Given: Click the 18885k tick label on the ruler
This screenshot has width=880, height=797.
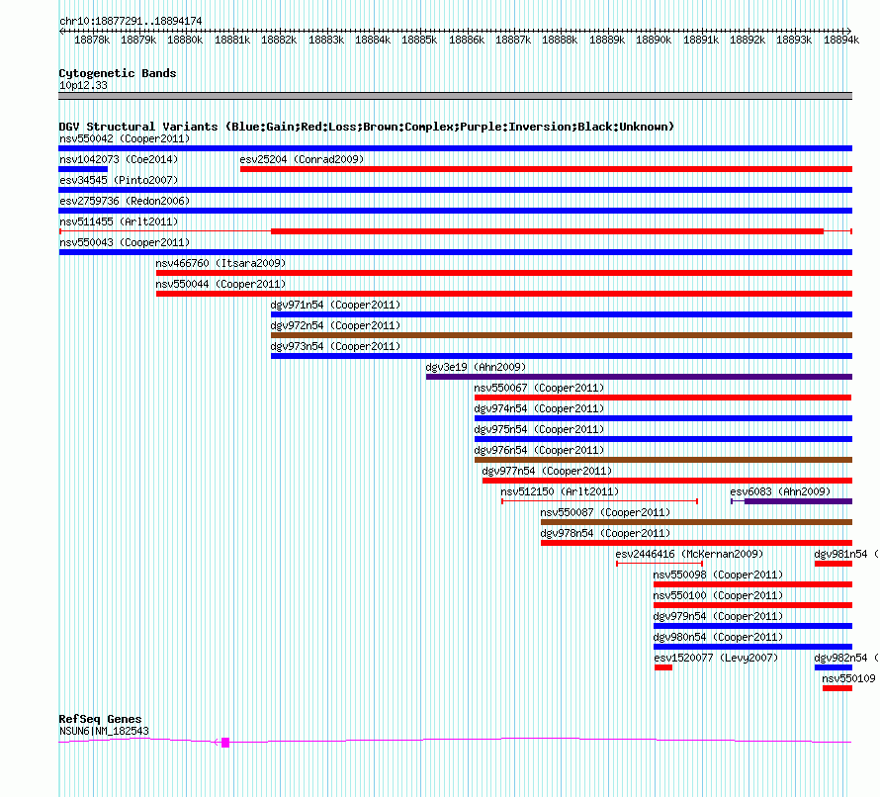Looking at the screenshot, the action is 419,40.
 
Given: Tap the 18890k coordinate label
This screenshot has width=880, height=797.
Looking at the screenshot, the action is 654,40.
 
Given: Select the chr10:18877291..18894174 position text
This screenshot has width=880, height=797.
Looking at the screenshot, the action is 131,21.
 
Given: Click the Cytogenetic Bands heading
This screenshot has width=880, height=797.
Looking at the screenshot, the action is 118,73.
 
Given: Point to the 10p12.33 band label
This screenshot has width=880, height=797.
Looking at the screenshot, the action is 83,85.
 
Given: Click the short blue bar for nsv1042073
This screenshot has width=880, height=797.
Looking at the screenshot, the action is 83,169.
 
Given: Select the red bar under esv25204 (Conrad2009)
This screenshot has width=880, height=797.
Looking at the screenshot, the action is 546,169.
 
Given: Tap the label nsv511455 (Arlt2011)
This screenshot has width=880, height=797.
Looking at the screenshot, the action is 119,221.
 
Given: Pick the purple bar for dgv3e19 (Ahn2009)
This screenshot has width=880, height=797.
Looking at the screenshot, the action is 639,377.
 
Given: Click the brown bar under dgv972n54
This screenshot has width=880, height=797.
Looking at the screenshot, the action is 562,335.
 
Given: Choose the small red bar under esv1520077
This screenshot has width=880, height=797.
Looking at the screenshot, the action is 663,667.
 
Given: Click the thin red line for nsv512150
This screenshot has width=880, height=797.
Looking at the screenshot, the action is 599,501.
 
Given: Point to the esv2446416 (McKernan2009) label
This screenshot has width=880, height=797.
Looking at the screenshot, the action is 689,554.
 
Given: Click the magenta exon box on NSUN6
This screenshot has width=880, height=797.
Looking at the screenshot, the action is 225,743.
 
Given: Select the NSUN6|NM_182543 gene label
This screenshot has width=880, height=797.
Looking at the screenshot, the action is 105,731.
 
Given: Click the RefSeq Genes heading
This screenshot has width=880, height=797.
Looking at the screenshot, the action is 100,719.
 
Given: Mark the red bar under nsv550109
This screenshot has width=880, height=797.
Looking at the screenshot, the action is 837,688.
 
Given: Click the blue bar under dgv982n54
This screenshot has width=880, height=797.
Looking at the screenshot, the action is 834,667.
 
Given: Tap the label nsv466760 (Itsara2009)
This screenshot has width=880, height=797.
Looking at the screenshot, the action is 220,263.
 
